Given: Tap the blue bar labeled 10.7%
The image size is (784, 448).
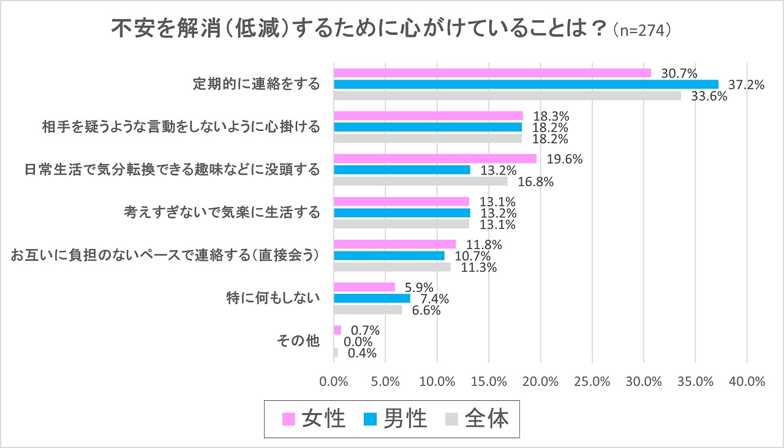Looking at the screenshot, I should [x=389, y=256].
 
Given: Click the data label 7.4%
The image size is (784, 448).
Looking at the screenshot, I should [x=433, y=299].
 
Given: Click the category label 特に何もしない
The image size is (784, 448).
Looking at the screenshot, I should [x=273, y=299].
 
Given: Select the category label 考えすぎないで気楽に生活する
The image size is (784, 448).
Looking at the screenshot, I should [x=222, y=213].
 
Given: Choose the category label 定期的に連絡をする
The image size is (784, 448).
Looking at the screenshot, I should [x=256, y=84].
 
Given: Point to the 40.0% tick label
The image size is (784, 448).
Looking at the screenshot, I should [x=748, y=381].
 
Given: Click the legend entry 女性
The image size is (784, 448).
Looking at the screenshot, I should [x=315, y=419].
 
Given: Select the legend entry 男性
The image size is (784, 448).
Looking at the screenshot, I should [x=396, y=419].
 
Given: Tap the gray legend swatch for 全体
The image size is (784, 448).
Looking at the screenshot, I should [x=452, y=419].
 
